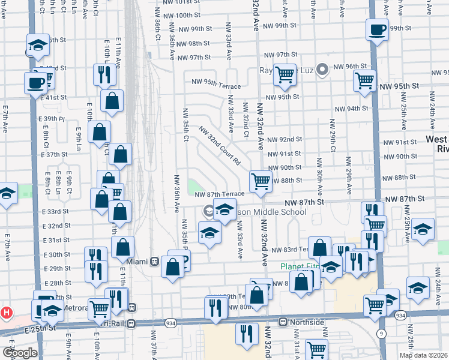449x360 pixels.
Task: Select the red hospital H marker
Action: pos(6,313)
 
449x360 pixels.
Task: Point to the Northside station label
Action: pos(307,322)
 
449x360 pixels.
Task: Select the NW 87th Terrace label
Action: pos(219,194)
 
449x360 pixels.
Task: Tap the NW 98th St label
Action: pos(190,44)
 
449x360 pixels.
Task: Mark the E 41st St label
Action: pos(55,97)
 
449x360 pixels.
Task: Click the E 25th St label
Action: pos(40,329)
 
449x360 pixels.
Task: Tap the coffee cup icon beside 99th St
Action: pos(378,30)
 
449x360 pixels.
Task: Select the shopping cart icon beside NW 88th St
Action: pos(261,181)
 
